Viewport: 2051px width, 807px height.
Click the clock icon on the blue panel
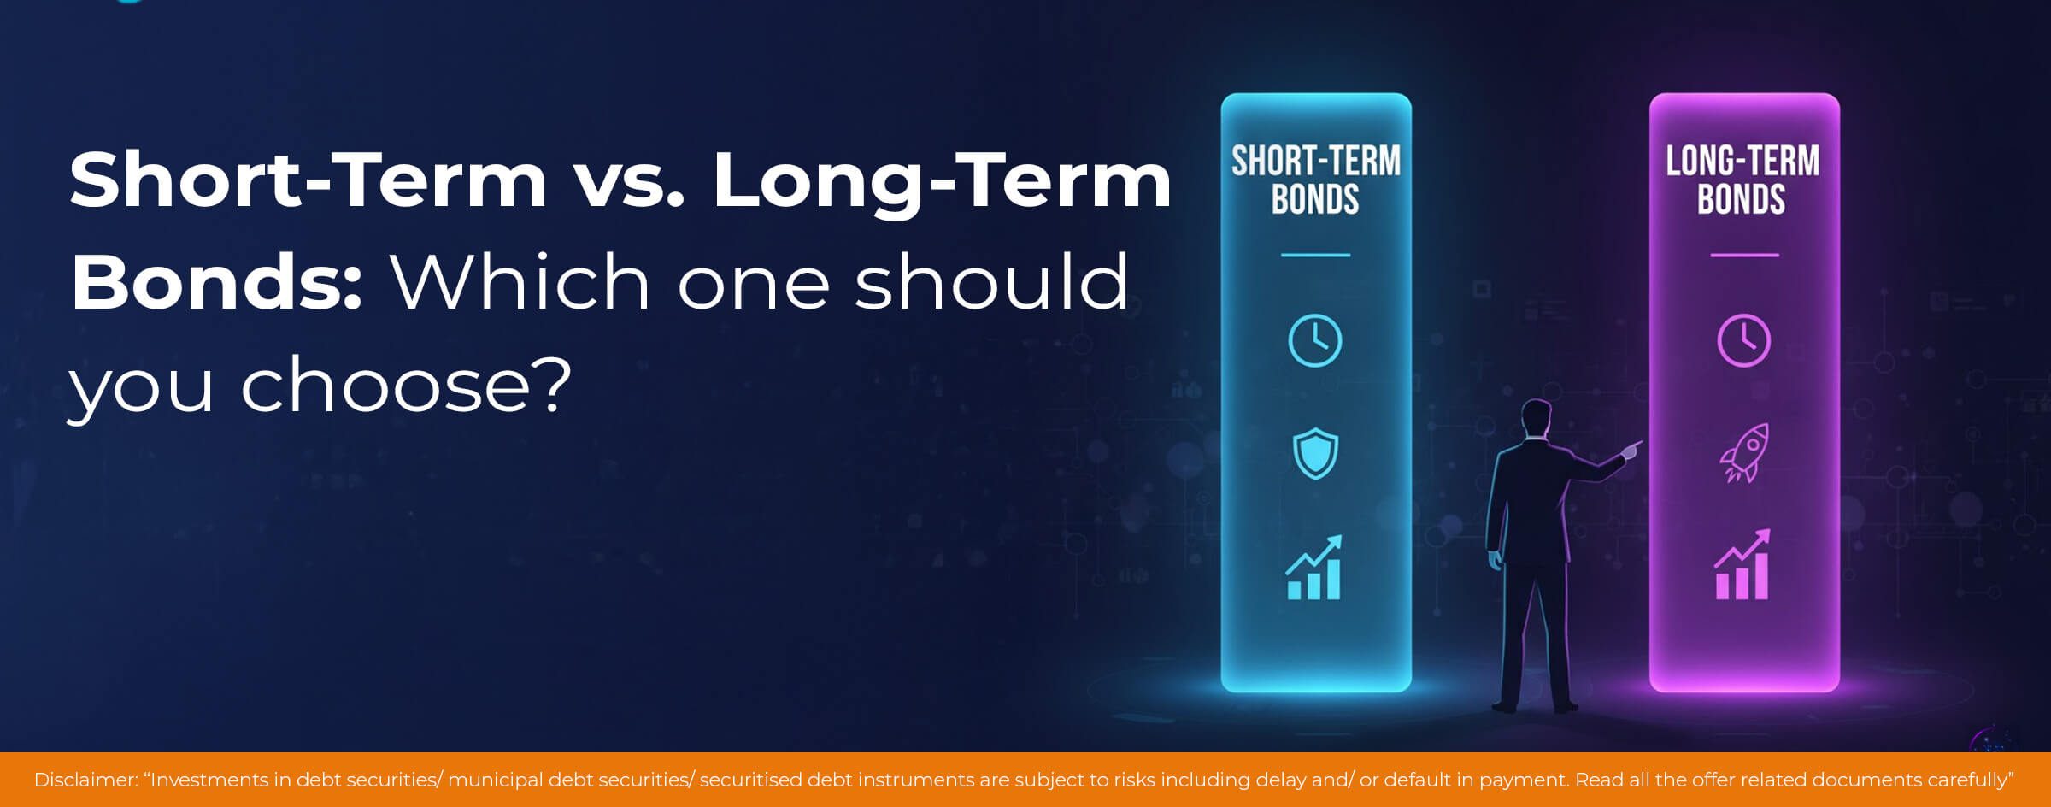tap(1314, 340)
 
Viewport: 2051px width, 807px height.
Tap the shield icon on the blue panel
tap(1315, 453)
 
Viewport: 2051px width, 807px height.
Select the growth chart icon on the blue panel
tap(1314, 567)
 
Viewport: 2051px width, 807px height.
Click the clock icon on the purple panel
tap(1743, 340)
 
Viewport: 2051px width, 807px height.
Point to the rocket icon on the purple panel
tap(1744, 453)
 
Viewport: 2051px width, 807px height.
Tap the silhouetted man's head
tap(1537, 418)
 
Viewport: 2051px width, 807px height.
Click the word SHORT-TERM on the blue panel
tap(1316, 161)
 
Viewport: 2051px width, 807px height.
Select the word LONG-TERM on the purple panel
tap(1742, 161)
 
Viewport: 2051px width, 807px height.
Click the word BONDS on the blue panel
tap(1315, 199)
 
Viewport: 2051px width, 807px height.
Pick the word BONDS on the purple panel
tap(1742, 199)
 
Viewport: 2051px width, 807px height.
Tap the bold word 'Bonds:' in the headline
tap(217, 282)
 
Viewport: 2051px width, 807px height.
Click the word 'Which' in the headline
tap(521, 282)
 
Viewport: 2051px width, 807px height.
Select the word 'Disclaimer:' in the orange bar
tap(86, 780)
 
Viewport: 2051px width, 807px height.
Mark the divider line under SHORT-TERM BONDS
tap(1315, 255)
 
